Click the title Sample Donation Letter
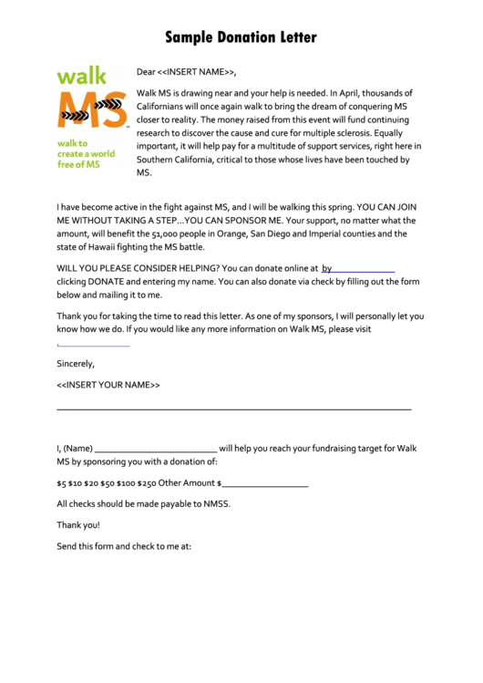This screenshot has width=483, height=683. coord(241,37)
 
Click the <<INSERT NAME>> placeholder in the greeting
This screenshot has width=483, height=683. coord(200,71)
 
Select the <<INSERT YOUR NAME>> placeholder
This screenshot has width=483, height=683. coord(108,385)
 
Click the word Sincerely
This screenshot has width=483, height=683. coord(76,364)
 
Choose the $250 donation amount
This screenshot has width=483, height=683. coord(146,482)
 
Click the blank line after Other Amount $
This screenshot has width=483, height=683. coord(264,484)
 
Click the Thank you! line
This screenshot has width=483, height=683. coord(78,525)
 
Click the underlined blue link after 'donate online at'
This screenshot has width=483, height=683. coord(358,269)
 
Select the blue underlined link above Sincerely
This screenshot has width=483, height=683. coord(93,345)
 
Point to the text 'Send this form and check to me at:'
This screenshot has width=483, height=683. coord(124,547)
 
